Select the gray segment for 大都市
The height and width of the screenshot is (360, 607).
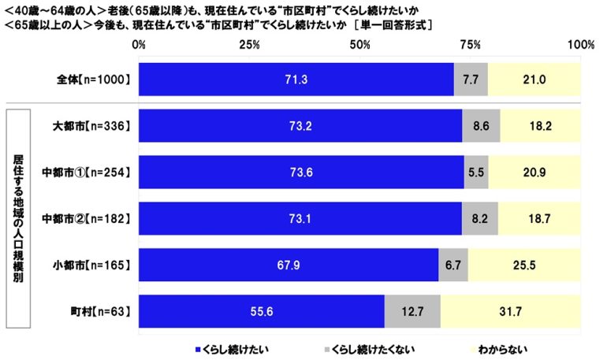pyautogui.click(x=481, y=124)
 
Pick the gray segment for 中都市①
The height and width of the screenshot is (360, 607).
pyautogui.click(x=476, y=172)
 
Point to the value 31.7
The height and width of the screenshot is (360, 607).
pyautogui.click(x=511, y=311)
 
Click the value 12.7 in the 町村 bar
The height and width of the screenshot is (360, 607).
pyautogui.click(x=412, y=311)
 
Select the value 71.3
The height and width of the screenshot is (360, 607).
pyautogui.click(x=296, y=79)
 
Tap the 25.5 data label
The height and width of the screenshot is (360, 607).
pyautogui.click(x=524, y=265)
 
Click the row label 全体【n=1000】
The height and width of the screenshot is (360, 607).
pyautogui.click(x=90, y=79)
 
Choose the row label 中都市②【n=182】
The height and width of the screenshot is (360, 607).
pyautogui.click(x=86, y=218)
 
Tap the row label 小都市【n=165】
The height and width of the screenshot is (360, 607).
pyautogui.click(x=91, y=265)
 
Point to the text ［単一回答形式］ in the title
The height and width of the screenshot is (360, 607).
pyautogui.click(x=393, y=24)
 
